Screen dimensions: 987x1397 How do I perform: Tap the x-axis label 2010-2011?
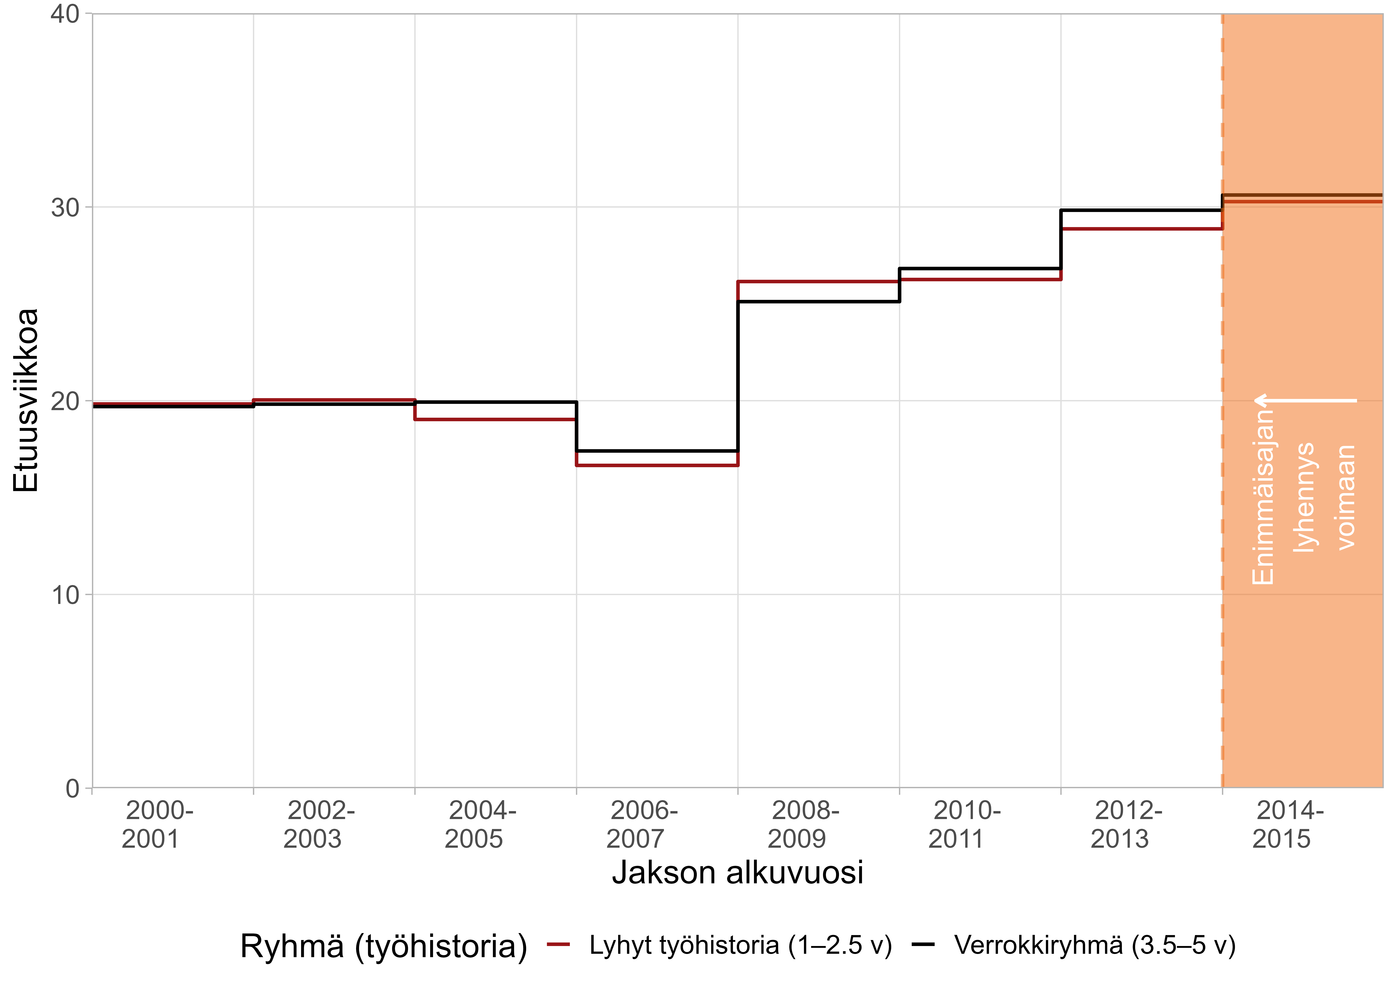pyautogui.click(x=965, y=825)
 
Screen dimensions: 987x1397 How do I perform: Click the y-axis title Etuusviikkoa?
pyautogui.click(x=25, y=400)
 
